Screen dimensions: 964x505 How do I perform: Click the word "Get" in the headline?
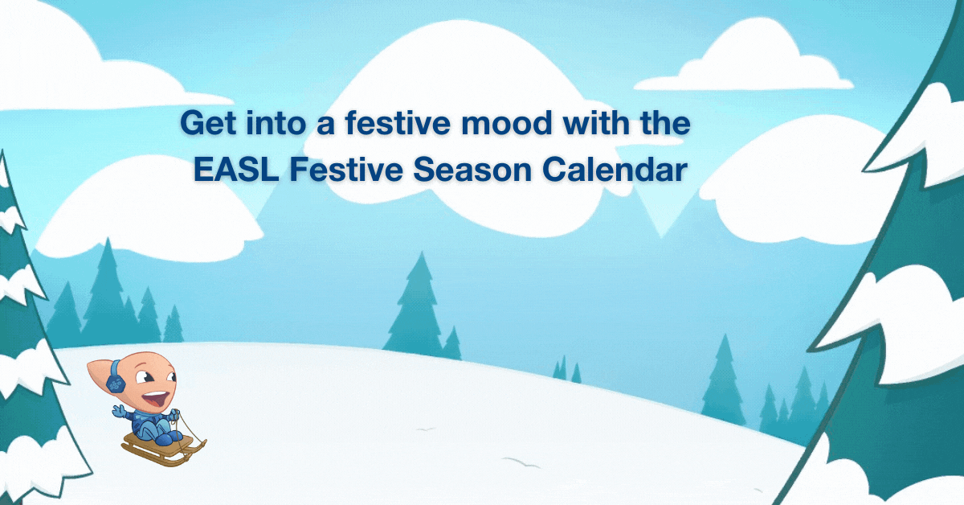tap(209, 124)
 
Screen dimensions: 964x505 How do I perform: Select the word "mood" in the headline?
tap(507, 122)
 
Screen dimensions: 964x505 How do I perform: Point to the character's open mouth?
tap(155, 399)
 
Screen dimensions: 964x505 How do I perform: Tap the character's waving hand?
tap(119, 411)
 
